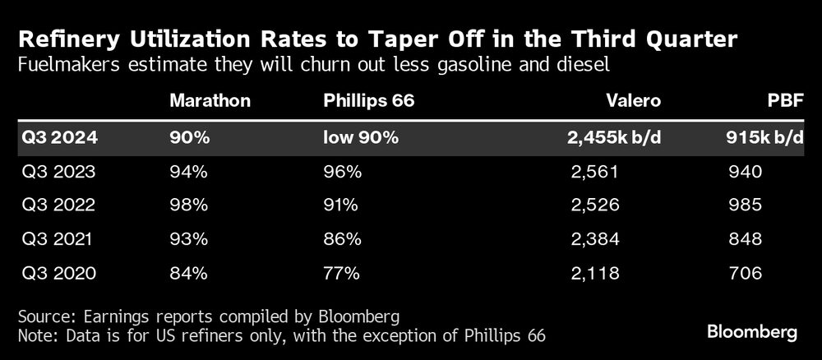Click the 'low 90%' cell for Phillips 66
pyautogui.click(x=361, y=138)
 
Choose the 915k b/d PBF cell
pyautogui.click(x=764, y=138)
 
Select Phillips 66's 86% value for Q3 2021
pyautogui.click(x=342, y=239)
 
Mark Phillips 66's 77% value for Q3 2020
pyautogui.click(x=341, y=273)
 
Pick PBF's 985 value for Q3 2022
pyautogui.click(x=745, y=205)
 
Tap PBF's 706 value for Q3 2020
pyautogui.click(x=745, y=273)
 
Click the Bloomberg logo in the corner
pyautogui.click(x=752, y=332)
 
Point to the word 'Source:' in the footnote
pyautogui.click(x=44, y=316)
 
